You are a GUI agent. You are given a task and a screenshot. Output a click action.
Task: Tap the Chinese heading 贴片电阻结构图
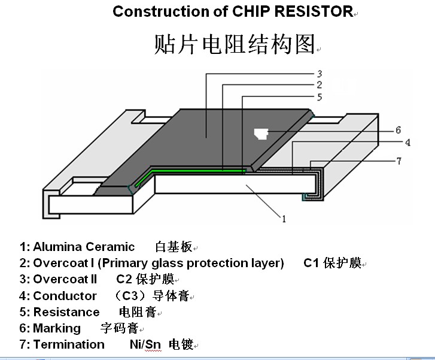click(x=234, y=44)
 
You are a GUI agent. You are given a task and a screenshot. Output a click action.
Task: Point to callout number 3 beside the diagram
click(x=320, y=74)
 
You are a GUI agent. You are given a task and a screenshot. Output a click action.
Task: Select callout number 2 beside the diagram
click(x=320, y=85)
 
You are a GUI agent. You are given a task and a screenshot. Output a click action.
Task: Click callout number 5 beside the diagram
click(x=320, y=96)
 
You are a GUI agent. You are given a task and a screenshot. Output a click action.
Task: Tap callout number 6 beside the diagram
click(x=398, y=130)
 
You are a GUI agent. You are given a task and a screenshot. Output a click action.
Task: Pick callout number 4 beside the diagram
click(x=407, y=143)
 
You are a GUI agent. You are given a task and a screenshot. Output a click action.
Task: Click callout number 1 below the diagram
click(x=284, y=219)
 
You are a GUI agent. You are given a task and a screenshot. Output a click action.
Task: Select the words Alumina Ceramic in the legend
click(x=84, y=247)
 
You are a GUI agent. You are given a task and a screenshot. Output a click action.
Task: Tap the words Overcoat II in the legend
click(x=65, y=280)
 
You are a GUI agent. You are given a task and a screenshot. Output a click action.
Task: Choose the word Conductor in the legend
click(x=65, y=296)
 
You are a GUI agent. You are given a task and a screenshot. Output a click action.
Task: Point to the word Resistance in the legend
click(x=66, y=312)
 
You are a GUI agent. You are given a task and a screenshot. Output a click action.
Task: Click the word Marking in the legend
click(x=57, y=328)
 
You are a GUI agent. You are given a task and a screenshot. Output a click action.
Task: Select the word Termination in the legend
click(x=69, y=344)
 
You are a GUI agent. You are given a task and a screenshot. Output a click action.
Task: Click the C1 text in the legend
click(x=311, y=264)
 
